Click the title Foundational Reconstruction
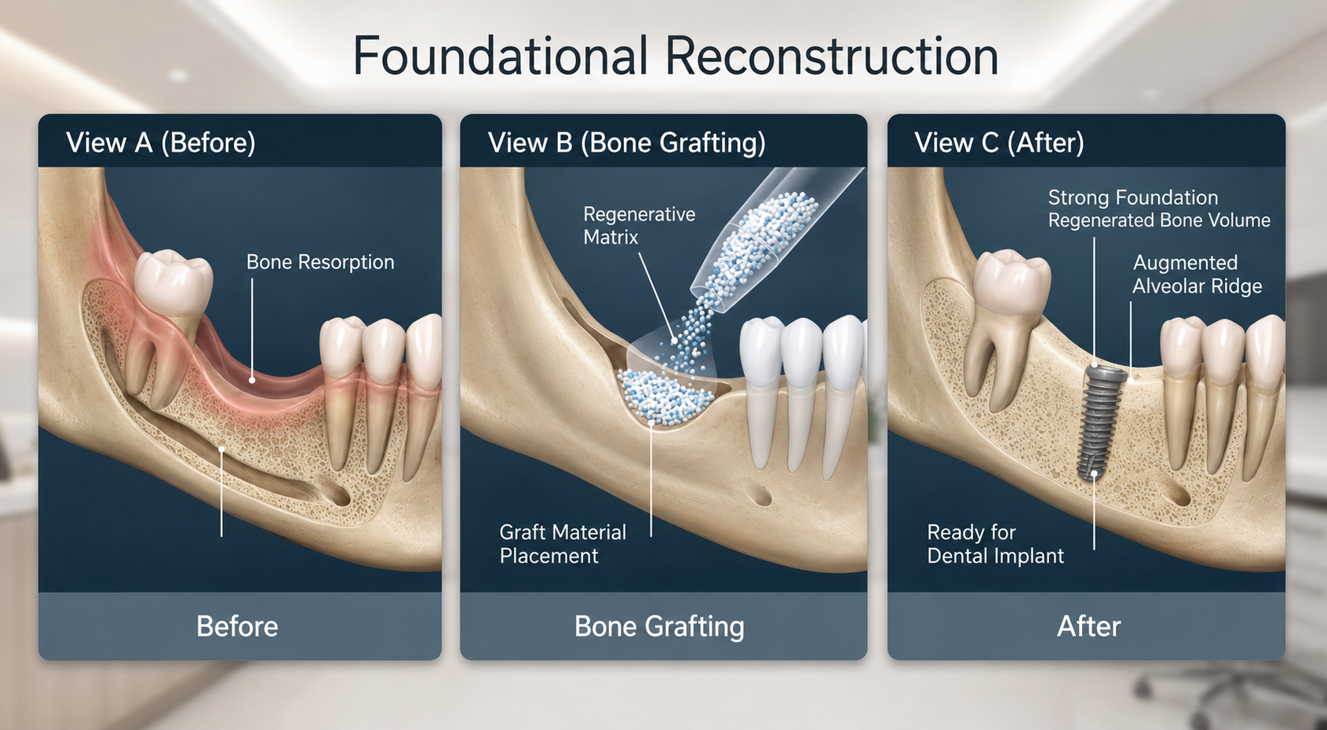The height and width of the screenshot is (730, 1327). pos(676,57)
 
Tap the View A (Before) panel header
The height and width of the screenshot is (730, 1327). pos(161,143)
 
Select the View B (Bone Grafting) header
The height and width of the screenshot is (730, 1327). pos(627,143)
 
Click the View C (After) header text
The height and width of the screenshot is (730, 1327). pos(999,143)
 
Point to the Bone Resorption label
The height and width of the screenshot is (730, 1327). pos(320,262)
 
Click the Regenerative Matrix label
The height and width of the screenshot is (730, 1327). pos(640,225)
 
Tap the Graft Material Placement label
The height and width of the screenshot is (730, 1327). pos(563,544)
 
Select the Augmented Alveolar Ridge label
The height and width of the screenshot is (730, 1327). pos(1198,275)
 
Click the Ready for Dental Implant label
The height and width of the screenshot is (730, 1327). pos(995,544)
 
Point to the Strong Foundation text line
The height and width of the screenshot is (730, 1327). pos(1132,197)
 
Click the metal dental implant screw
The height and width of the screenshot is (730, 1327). pos(1102,422)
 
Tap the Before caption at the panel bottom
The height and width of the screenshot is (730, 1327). pos(237,626)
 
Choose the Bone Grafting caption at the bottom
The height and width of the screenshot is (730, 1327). pos(659,627)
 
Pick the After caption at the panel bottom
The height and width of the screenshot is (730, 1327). pos(1089,626)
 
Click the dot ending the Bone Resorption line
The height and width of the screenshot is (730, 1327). pos(253,380)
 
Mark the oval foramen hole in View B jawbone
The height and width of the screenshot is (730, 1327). pos(758,494)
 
